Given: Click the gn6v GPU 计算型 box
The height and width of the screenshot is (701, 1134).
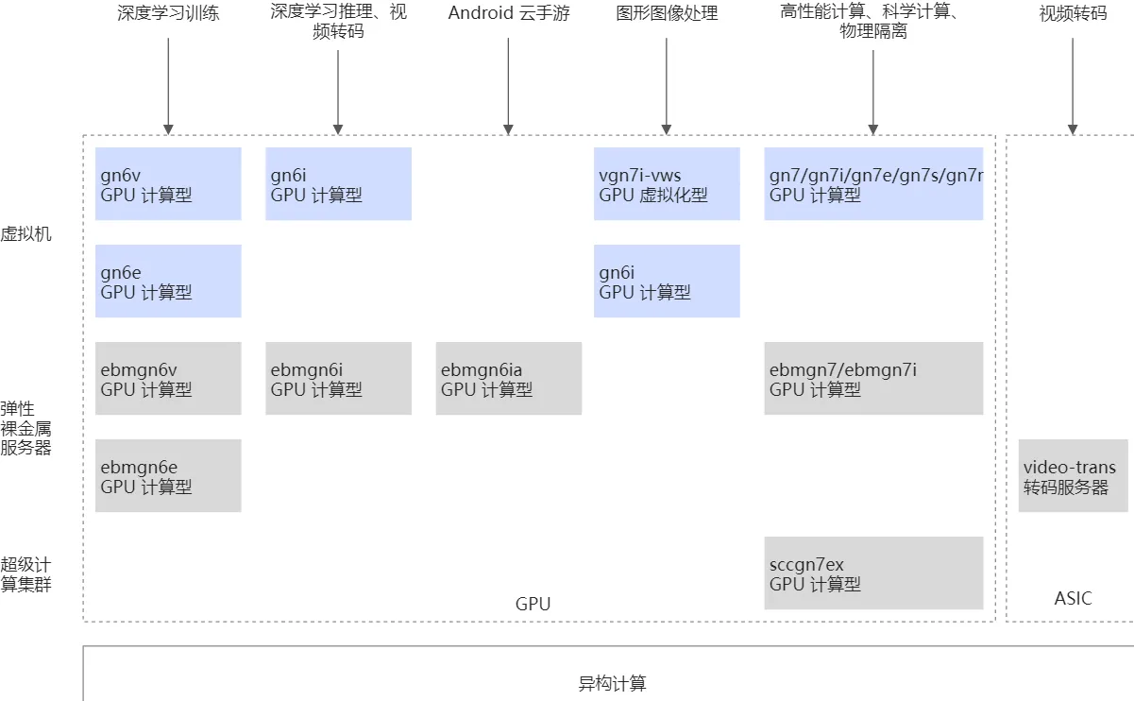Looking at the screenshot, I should [x=168, y=184].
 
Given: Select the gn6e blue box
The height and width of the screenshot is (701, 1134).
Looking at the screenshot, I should [x=168, y=282].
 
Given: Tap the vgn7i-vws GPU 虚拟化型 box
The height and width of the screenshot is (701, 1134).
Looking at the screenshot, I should [x=667, y=184].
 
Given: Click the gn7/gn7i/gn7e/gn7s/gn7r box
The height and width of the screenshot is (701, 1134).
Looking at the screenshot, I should [x=873, y=184].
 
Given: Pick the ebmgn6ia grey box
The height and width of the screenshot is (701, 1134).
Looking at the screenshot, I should [x=508, y=378].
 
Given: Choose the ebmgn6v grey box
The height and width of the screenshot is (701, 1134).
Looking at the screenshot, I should [x=168, y=378].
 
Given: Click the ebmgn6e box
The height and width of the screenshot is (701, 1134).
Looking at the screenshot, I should [x=168, y=475].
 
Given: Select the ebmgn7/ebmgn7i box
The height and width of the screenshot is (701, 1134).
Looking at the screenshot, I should [x=873, y=378].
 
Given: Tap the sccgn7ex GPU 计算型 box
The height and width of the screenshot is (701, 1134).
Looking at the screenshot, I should [x=873, y=573].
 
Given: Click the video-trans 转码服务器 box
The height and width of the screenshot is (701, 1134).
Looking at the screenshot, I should [x=1073, y=476].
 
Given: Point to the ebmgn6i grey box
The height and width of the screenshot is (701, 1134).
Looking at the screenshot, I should [x=338, y=378].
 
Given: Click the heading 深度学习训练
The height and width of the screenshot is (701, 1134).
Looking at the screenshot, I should [x=168, y=13].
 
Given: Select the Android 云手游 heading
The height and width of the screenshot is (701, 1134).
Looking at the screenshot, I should [x=509, y=13].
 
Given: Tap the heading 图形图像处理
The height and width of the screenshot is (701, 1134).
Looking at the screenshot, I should [x=667, y=13].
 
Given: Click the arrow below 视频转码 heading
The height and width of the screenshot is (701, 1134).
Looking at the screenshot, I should [x=1073, y=85].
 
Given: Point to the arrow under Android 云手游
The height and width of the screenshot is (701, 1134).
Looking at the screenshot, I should [x=508, y=85].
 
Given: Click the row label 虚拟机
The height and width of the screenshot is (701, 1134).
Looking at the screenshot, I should [x=25, y=233].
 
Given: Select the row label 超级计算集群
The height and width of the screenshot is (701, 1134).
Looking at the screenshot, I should [x=25, y=574].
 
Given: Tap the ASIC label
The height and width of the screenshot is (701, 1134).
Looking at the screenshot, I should [x=1073, y=598].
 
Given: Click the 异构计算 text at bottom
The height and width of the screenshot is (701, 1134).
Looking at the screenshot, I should [x=612, y=683].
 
